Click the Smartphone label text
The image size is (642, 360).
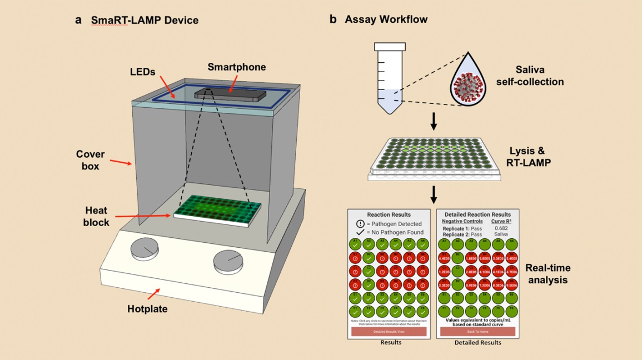pyautogui.click(x=236, y=67)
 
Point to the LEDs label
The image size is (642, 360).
pyautogui.click(x=143, y=73)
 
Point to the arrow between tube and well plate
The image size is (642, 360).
pyautogui.click(x=434, y=122)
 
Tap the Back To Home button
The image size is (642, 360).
pyautogui.click(x=477, y=332)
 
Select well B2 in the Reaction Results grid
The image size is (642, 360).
pyautogui.click(x=367, y=257)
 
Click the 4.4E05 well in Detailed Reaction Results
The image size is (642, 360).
pyautogui.click(x=444, y=257)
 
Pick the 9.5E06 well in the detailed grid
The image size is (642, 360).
pyautogui.click(x=511, y=284)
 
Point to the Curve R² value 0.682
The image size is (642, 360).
pyautogui.click(x=501, y=228)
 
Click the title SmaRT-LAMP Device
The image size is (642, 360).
pyautogui.click(x=145, y=21)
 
